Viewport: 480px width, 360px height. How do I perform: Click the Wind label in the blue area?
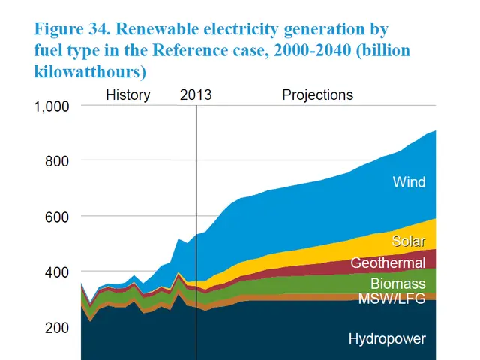(409, 182)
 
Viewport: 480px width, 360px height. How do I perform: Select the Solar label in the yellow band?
(409, 241)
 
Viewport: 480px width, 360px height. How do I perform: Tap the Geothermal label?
(388, 263)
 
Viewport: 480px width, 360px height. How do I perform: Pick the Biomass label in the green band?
(397, 283)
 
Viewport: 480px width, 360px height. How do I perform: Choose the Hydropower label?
(387, 339)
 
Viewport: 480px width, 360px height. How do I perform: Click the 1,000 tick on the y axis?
(52, 106)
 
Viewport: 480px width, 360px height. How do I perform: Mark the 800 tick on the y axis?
(57, 161)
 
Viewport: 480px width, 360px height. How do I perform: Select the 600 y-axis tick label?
(57, 217)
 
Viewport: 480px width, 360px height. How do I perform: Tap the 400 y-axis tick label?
(57, 271)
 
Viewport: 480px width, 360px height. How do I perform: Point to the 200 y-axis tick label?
(57, 327)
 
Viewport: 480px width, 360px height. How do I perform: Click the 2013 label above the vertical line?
(196, 95)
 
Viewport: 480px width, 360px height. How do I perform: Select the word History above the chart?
(127, 95)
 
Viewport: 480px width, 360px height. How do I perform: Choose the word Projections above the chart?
(317, 95)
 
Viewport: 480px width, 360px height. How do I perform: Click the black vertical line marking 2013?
(196, 225)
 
